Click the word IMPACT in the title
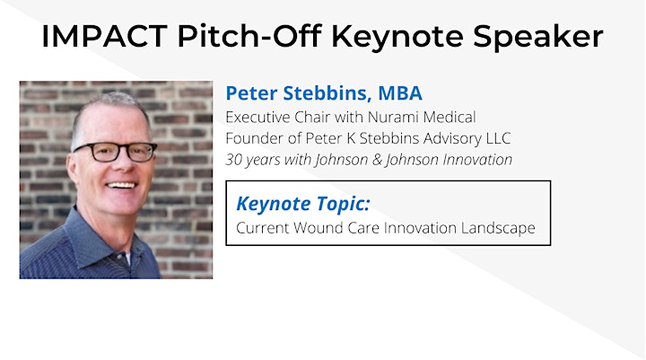(105, 36)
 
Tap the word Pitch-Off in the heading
(249, 36)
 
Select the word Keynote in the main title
(397, 37)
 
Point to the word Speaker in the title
(538, 38)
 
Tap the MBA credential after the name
(400, 93)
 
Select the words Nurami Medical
(422, 117)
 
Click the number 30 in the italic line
(233, 160)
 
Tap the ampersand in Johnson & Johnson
(377, 160)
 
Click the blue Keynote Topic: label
(303, 204)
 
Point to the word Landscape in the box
(498, 228)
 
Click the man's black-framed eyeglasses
(116, 152)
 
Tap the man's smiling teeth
(121, 185)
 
